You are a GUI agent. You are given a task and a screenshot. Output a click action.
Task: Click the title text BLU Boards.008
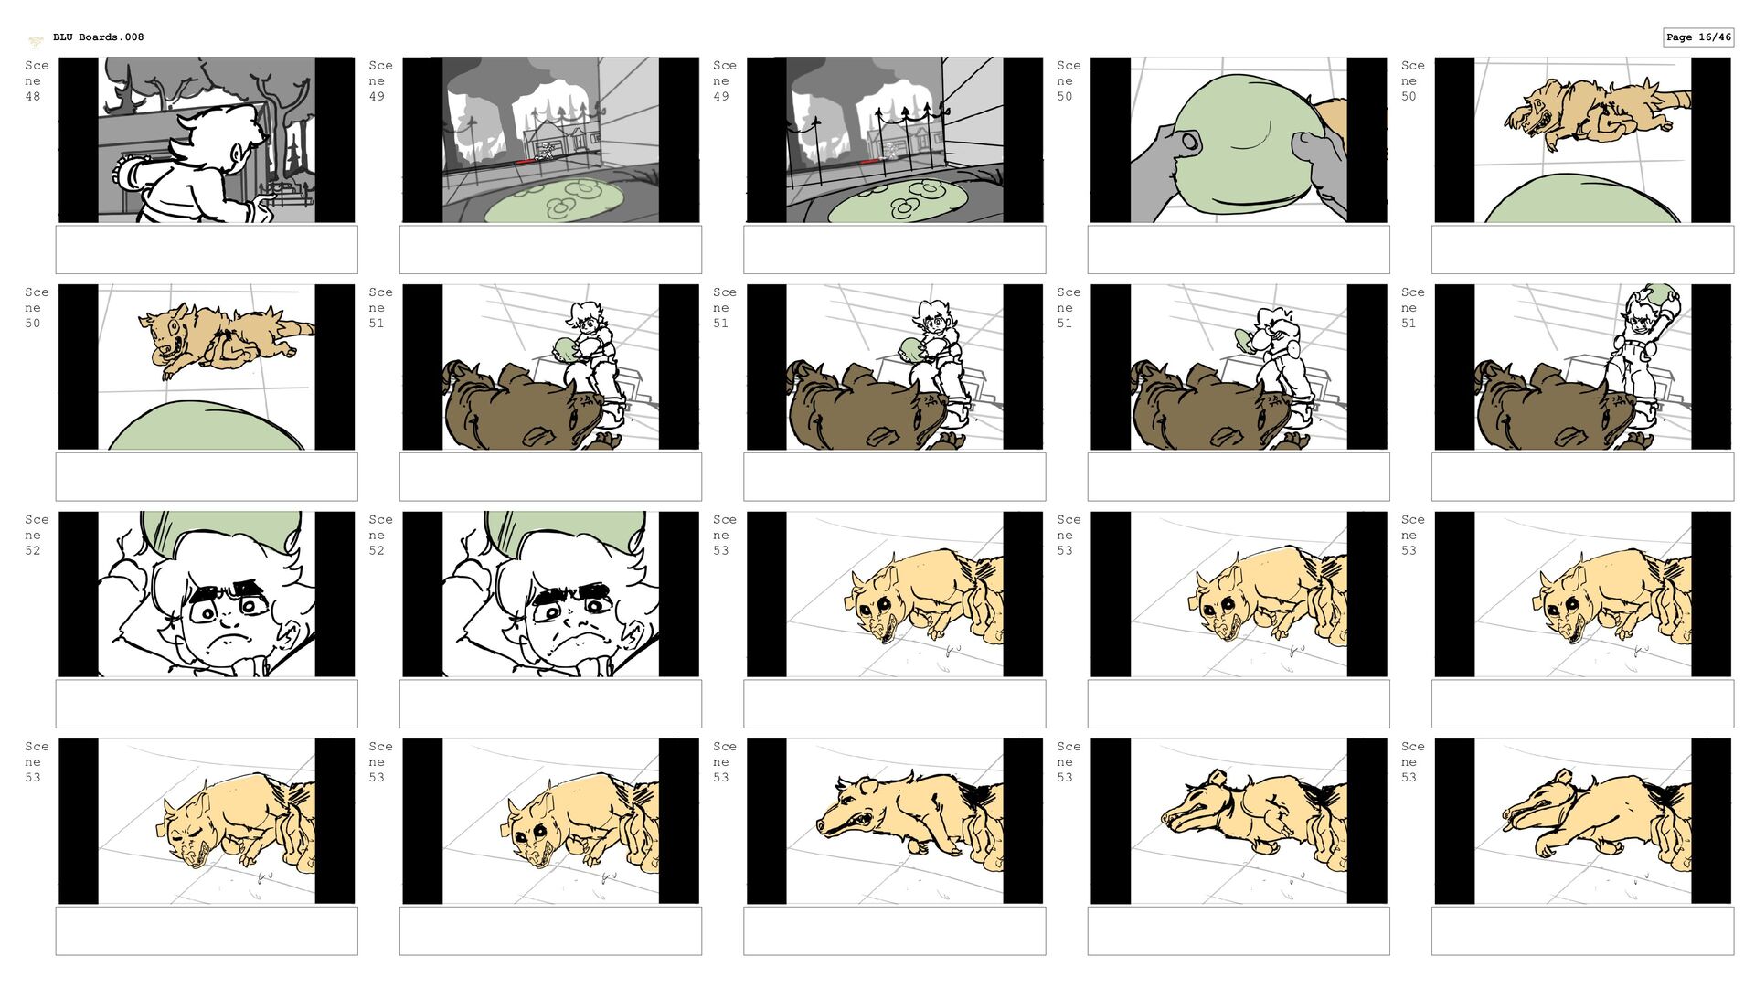click(x=98, y=37)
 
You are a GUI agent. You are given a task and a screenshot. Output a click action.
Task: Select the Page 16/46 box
click(x=1698, y=37)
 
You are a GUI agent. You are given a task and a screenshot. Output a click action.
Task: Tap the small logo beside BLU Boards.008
click(x=36, y=41)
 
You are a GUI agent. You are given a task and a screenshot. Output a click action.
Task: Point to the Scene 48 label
click(x=37, y=80)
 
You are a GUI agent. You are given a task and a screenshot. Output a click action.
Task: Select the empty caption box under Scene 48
click(x=207, y=250)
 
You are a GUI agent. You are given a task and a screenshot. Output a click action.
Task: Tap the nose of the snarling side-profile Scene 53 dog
click(x=822, y=827)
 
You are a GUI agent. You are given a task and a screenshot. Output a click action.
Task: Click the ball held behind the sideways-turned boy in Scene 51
click(x=1246, y=339)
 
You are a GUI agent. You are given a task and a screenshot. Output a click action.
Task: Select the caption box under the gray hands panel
click(x=1239, y=250)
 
